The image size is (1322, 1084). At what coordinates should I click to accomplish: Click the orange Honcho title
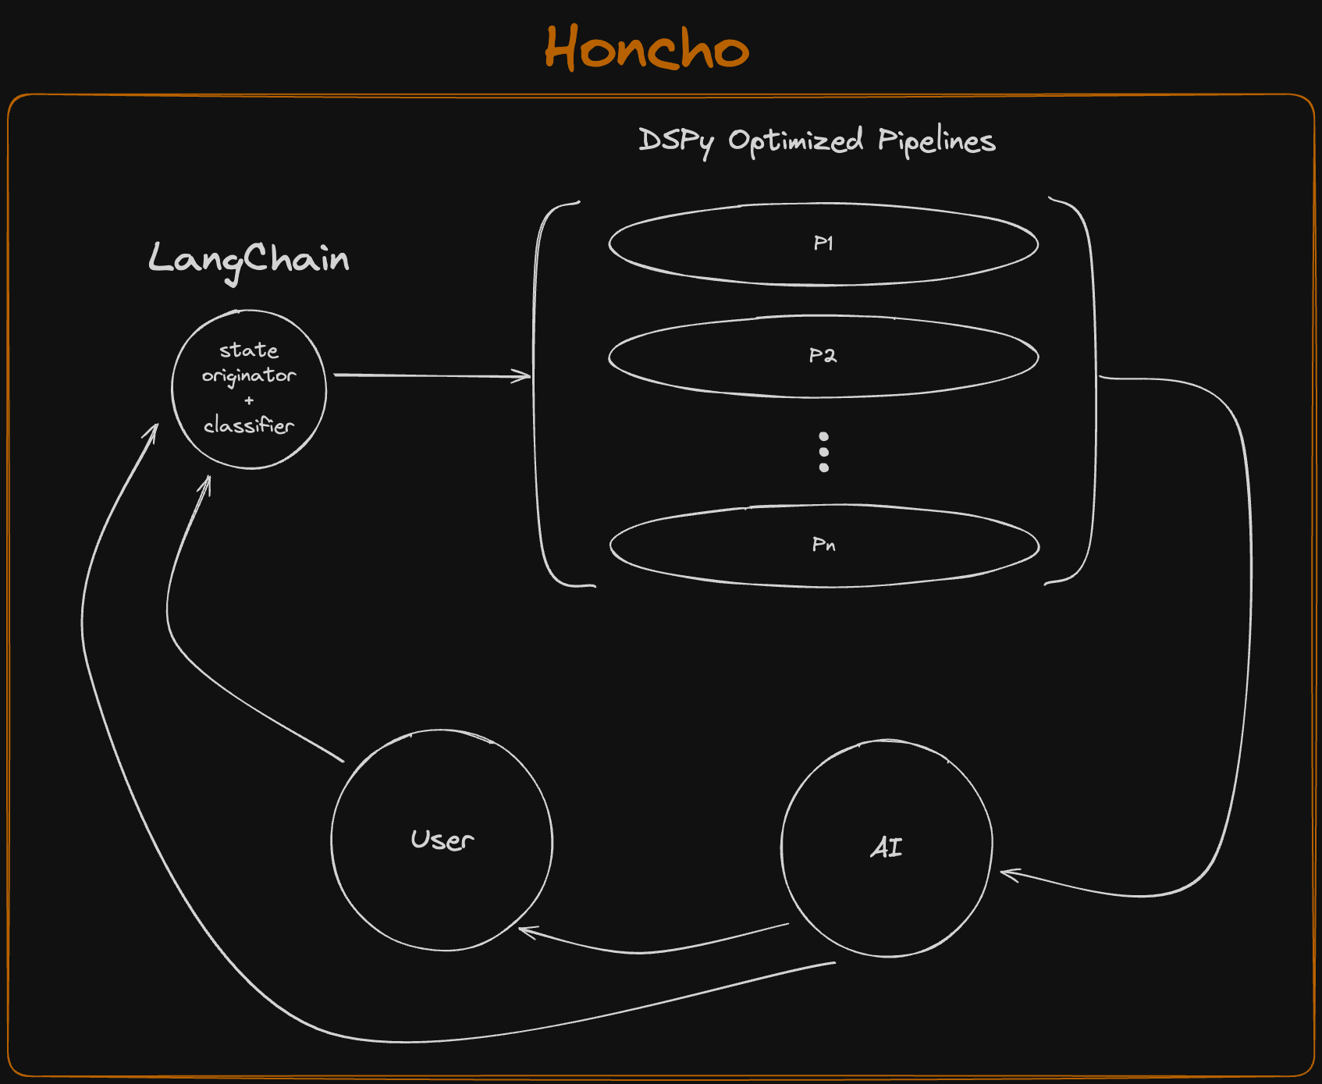tap(646, 48)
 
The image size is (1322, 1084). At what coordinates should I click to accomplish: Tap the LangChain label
tap(248, 259)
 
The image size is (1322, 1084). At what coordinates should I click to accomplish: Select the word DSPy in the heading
tap(676, 141)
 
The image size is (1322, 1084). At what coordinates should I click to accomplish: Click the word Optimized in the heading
tap(795, 141)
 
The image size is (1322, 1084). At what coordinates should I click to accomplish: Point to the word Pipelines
tap(936, 141)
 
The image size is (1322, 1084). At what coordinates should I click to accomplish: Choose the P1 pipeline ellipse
tap(823, 244)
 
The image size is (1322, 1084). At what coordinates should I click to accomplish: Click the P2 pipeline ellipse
tap(823, 357)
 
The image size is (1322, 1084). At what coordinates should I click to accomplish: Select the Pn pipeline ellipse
tap(824, 546)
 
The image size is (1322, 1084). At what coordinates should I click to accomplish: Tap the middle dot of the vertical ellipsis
tap(824, 452)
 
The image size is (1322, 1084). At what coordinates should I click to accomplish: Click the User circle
tap(442, 841)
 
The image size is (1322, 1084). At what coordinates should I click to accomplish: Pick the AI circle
tap(887, 848)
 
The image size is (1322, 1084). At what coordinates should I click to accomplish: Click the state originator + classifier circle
tap(249, 389)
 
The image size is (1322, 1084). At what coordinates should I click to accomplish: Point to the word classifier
tap(249, 426)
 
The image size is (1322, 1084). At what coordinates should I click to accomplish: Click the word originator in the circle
tap(249, 376)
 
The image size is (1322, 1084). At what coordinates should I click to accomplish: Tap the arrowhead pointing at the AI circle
tap(1007, 873)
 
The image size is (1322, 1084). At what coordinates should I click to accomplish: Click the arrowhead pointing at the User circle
tap(526, 930)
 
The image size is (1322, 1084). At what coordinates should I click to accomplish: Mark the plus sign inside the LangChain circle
tap(249, 401)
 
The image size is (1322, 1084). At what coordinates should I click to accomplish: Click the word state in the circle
tap(249, 350)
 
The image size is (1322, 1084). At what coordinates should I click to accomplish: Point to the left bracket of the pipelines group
tap(536, 390)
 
